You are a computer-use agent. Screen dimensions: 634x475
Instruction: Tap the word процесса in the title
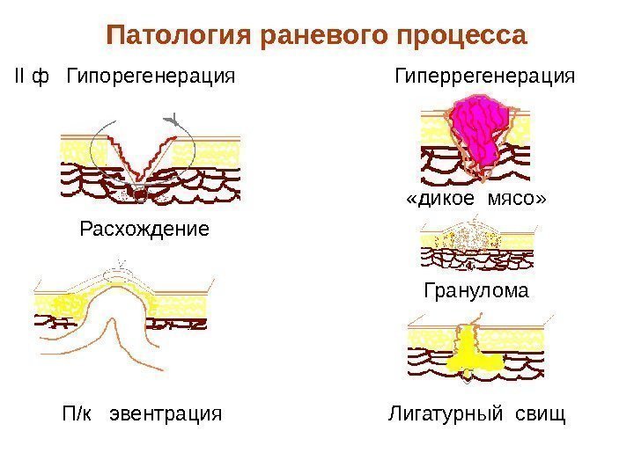point(461,37)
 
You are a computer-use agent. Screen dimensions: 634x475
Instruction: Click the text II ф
point(32,77)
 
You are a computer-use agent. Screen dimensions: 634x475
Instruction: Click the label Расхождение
point(144,230)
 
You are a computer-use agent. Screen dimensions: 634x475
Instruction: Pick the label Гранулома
point(476,290)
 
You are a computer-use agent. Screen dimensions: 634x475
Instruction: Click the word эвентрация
point(164,413)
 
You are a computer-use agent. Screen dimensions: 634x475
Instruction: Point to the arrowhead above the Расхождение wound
point(173,118)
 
